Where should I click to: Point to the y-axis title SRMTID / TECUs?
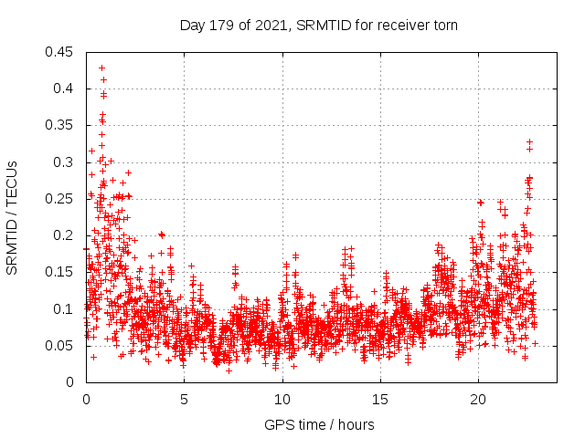[13, 217]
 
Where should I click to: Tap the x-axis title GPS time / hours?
[319, 424]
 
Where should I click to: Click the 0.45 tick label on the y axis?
[61, 52]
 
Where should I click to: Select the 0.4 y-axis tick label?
[65, 89]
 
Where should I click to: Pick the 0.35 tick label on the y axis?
[61, 125]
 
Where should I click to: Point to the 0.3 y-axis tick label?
[65, 162]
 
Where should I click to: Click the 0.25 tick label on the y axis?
[61, 199]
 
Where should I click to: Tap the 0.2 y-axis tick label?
[65, 235]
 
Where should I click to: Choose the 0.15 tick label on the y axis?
[61, 272]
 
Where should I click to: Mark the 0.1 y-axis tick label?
[65, 309]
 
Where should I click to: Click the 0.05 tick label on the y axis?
[61, 346]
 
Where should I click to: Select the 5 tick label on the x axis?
[184, 400]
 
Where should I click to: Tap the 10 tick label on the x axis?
[282, 400]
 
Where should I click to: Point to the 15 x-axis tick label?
[379, 400]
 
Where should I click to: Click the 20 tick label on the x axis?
[478, 400]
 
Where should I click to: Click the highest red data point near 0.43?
[101, 68]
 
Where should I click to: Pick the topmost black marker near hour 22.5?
[529, 141]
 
